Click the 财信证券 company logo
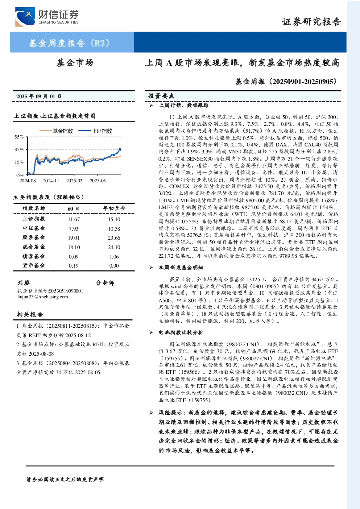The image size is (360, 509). (x=47, y=17)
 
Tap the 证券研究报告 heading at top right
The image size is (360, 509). (x=311, y=22)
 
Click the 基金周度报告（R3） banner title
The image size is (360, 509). (x=69, y=43)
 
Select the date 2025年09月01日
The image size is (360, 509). (x=39, y=96)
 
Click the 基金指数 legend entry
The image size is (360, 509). (x=56, y=131)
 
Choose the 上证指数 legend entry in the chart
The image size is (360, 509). (x=95, y=131)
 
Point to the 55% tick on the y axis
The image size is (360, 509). (x=19, y=137)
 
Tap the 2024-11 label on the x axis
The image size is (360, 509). (x=51, y=181)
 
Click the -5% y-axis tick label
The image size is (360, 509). (x=20, y=175)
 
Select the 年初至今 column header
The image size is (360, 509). (x=114, y=208)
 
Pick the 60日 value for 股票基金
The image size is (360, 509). (x=74, y=238)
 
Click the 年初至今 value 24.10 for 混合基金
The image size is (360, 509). (x=114, y=247)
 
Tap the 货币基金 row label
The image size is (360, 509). (x=34, y=265)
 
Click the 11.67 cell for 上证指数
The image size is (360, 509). (x=74, y=219)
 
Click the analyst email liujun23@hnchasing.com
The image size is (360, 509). (x=42, y=297)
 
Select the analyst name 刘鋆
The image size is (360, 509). (x=24, y=283)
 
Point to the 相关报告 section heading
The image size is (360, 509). (x=30, y=314)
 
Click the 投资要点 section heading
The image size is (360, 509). (x=161, y=96)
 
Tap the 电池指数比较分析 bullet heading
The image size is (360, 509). (x=181, y=332)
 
